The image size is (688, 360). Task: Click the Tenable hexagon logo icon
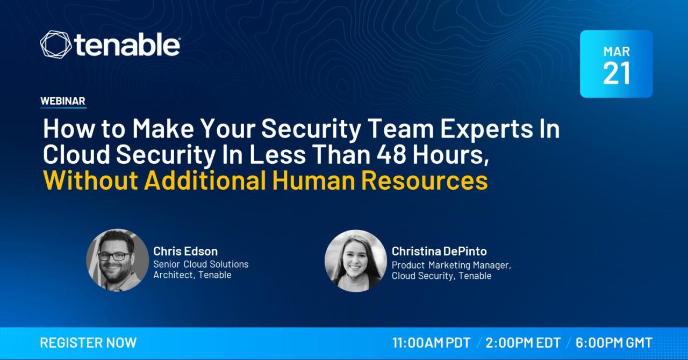(55, 44)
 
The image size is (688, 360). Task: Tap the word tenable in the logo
(127, 45)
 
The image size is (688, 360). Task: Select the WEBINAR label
(63, 101)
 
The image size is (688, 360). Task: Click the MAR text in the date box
(617, 51)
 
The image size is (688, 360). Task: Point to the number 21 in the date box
(617, 73)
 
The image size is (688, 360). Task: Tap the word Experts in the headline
(486, 129)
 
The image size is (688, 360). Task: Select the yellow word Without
(91, 181)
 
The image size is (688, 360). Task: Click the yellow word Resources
(425, 181)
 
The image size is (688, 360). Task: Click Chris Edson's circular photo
(117, 260)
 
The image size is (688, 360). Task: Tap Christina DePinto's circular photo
(356, 261)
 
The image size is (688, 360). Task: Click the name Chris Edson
(185, 251)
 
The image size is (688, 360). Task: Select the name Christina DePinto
(439, 251)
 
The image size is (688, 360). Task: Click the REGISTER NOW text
(89, 343)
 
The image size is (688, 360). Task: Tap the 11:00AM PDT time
(432, 343)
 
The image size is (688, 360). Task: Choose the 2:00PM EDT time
(523, 343)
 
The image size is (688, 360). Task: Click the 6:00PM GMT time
(614, 343)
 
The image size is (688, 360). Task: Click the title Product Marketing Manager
(451, 265)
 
